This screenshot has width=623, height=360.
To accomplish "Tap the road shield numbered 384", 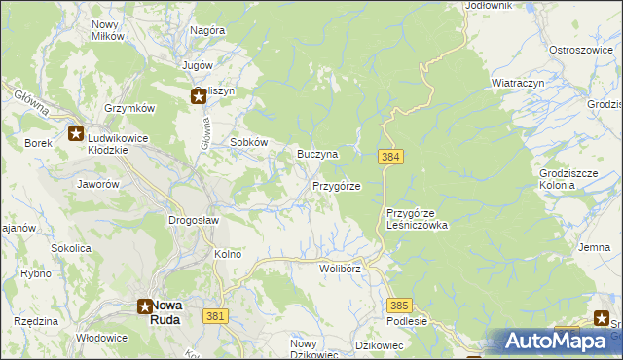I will pyautogui.click(x=390, y=157).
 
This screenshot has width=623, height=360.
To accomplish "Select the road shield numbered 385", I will pyautogui.click(x=399, y=305).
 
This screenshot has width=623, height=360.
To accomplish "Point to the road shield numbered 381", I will pyautogui.click(x=216, y=316).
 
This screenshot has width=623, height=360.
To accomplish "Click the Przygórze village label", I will pyautogui.click(x=337, y=186).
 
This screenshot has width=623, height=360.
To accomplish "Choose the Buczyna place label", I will pyautogui.click(x=317, y=155).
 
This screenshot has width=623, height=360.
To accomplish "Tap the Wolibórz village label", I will pyautogui.click(x=340, y=268).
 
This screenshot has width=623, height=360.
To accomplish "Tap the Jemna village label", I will pyautogui.click(x=594, y=248).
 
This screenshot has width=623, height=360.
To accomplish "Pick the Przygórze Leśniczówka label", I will pyautogui.click(x=417, y=219).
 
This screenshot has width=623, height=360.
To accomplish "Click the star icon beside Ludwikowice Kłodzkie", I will pyautogui.click(x=76, y=134).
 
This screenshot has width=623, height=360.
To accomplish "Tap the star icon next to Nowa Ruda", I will pyautogui.click(x=143, y=306).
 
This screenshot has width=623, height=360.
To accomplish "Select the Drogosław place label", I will pyautogui.click(x=194, y=221).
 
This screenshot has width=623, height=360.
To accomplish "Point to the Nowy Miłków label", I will pyautogui.click(x=107, y=30).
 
